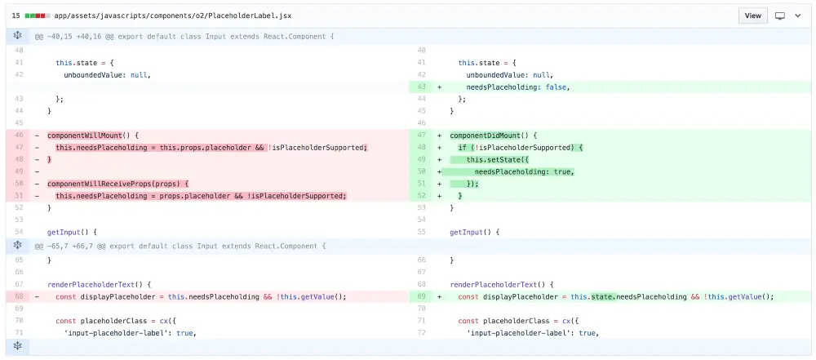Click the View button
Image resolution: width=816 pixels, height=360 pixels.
[752, 16]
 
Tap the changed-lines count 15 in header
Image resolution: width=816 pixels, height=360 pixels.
[16, 16]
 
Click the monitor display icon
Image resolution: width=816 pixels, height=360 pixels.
[780, 16]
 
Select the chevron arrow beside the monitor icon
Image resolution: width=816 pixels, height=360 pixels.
[798, 16]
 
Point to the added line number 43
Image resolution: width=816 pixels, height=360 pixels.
[421, 87]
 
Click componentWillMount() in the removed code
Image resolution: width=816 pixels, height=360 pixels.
[93, 136]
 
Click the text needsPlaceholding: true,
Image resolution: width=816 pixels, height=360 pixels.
[524, 171]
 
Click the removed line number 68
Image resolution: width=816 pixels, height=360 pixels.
[18, 297]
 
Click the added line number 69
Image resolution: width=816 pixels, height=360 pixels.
[421, 297]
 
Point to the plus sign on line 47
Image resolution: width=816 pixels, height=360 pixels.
[440, 136]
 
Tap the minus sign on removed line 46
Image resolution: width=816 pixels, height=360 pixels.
[37, 136]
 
